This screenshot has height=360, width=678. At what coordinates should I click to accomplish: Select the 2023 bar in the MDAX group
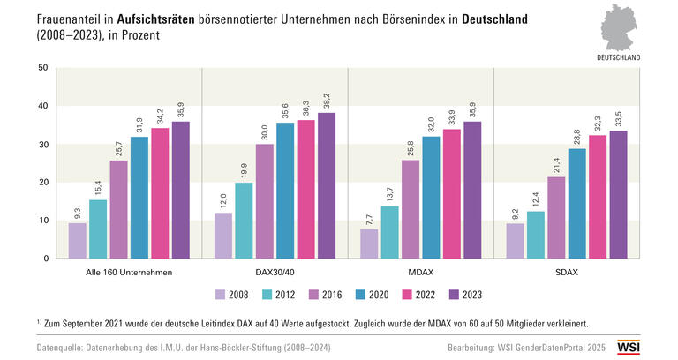coord(472,190)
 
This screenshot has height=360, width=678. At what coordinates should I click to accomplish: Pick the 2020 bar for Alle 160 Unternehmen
coord(139,198)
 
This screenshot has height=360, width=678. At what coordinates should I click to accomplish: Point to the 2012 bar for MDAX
coord(389,232)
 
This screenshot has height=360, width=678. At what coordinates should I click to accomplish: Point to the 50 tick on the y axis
coord(43,68)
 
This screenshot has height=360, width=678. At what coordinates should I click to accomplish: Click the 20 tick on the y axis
coord(43,183)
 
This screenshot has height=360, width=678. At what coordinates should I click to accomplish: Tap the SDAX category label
coord(567,273)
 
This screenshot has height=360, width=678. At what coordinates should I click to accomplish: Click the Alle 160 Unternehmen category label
coord(129,273)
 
